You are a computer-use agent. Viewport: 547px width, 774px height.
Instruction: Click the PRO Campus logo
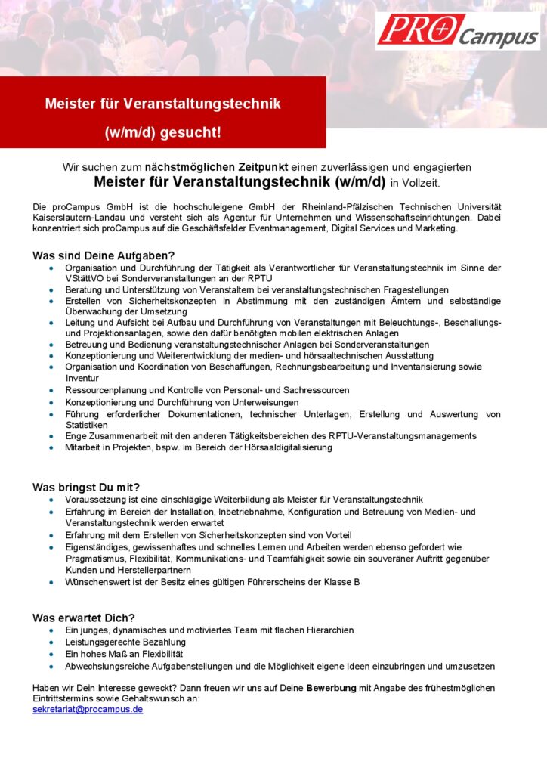tap(457, 31)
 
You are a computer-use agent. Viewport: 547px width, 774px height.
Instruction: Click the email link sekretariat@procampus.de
tap(88, 710)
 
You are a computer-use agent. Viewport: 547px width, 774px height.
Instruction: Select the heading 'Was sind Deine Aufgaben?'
tap(104, 255)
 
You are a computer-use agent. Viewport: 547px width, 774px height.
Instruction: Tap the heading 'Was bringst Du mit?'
tap(86, 487)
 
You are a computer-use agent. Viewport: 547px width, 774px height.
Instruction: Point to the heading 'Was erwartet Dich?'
tap(84, 618)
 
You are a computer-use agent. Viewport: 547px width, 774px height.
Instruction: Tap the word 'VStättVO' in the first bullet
tap(85, 278)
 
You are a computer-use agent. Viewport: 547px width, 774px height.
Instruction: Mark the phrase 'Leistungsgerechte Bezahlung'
tap(125, 642)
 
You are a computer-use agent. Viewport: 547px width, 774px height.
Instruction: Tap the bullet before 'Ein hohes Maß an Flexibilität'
tap(51, 654)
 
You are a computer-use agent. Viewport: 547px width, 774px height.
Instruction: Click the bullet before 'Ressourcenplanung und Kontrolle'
tap(51, 391)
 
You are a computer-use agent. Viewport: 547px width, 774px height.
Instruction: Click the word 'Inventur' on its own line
tap(82, 378)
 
